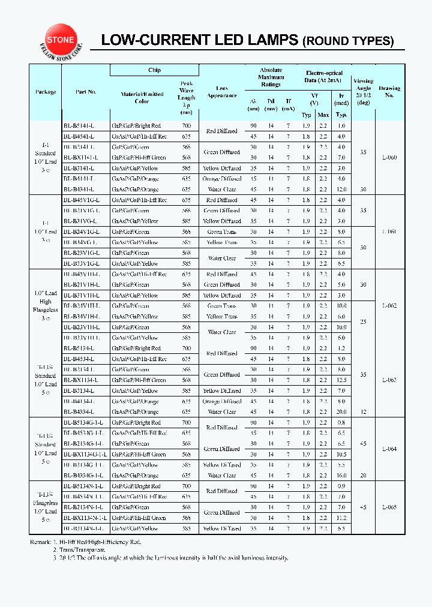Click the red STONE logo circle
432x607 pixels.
(x=61, y=40)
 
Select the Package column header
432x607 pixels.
(x=46, y=92)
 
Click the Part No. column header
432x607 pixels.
(x=86, y=92)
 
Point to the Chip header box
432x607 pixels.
(x=154, y=71)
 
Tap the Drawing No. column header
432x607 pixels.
(x=389, y=92)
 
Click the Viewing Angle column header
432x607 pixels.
(x=363, y=91)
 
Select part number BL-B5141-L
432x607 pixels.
(x=79, y=126)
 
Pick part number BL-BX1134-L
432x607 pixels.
(x=80, y=380)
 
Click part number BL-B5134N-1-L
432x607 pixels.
(x=83, y=486)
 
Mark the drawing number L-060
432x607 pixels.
(x=389, y=158)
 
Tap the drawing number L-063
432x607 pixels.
(x=389, y=380)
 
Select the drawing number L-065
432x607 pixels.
(x=389, y=507)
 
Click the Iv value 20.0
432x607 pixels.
(x=341, y=412)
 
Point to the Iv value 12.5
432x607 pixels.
(x=341, y=380)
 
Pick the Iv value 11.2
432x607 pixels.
(x=341, y=518)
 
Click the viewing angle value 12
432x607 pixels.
(x=363, y=412)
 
